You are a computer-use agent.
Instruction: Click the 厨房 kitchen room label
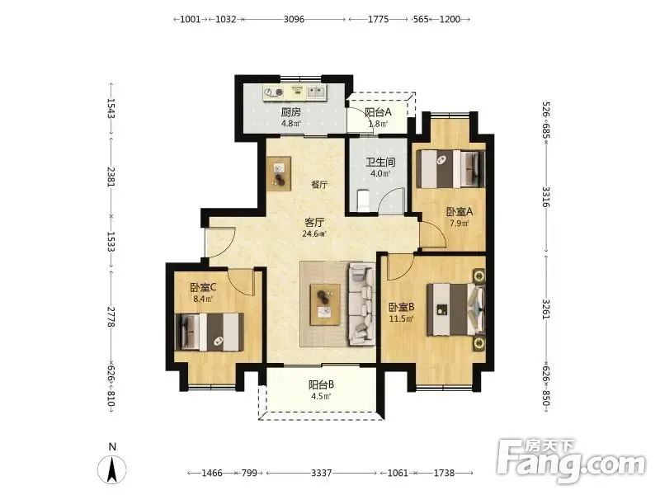[x=291, y=112]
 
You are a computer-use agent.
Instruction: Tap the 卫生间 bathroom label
[x=380, y=162]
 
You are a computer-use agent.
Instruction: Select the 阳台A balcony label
[x=378, y=112]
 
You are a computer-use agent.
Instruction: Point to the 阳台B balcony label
[x=321, y=384]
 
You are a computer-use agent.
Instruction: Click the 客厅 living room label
[x=314, y=222]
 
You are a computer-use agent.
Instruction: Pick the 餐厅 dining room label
[x=319, y=184]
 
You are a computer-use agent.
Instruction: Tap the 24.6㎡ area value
[x=314, y=234]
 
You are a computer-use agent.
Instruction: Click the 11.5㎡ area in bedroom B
[x=401, y=318]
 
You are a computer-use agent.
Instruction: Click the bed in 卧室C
[x=210, y=332]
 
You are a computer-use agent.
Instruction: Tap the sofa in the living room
[x=361, y=304]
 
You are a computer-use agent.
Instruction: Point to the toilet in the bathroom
[x=363, y=200]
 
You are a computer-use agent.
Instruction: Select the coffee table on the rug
[x=325, y=304]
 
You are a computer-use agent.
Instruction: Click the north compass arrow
[x=112, y=469]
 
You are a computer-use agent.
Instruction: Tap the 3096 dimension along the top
[x=294, y=19]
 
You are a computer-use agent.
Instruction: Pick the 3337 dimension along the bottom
[x=321, y=473]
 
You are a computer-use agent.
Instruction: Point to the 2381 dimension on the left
[x=111, y=177]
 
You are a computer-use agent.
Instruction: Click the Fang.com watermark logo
[x=571, y=462]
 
